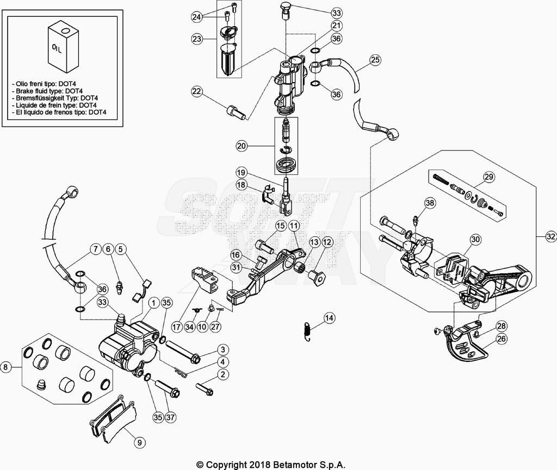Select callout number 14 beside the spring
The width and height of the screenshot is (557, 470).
tap(329, 317)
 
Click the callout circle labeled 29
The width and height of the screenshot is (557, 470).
tap(488, 177)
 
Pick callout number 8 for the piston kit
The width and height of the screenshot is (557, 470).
tap(6, 367)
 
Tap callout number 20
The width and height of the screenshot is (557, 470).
tap(242, 146)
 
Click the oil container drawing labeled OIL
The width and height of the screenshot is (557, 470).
tap(63, 47)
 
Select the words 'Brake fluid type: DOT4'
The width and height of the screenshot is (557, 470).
tap(47, 91)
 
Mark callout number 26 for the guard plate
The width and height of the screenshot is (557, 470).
tap(501, 339)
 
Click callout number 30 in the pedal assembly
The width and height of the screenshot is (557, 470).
tap(475, 239)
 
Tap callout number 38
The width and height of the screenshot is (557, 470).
tap(430, 203)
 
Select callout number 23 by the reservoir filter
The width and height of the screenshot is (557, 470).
tap(197, 39)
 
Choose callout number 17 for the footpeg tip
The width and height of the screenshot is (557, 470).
tap(176, 328)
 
